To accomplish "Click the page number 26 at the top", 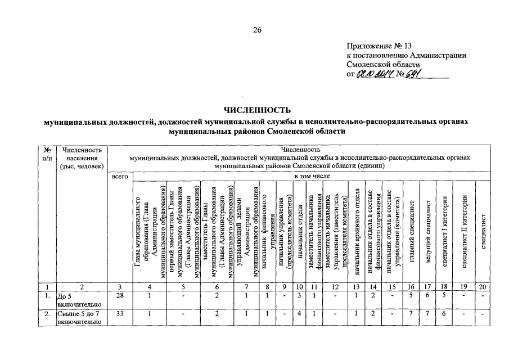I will pyautogui.click(x=257, y=30).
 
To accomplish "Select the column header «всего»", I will pyautogui.click(x=120, y=177).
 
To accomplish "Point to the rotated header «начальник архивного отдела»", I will pyautogui.click(x=357, y=231).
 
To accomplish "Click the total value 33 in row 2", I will pyautogui.click(x=120, y=313).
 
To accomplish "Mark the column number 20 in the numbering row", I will pyautogui.click(x=483, y=286).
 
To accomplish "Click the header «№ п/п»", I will pyautogui.click(x=47, y=154).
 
